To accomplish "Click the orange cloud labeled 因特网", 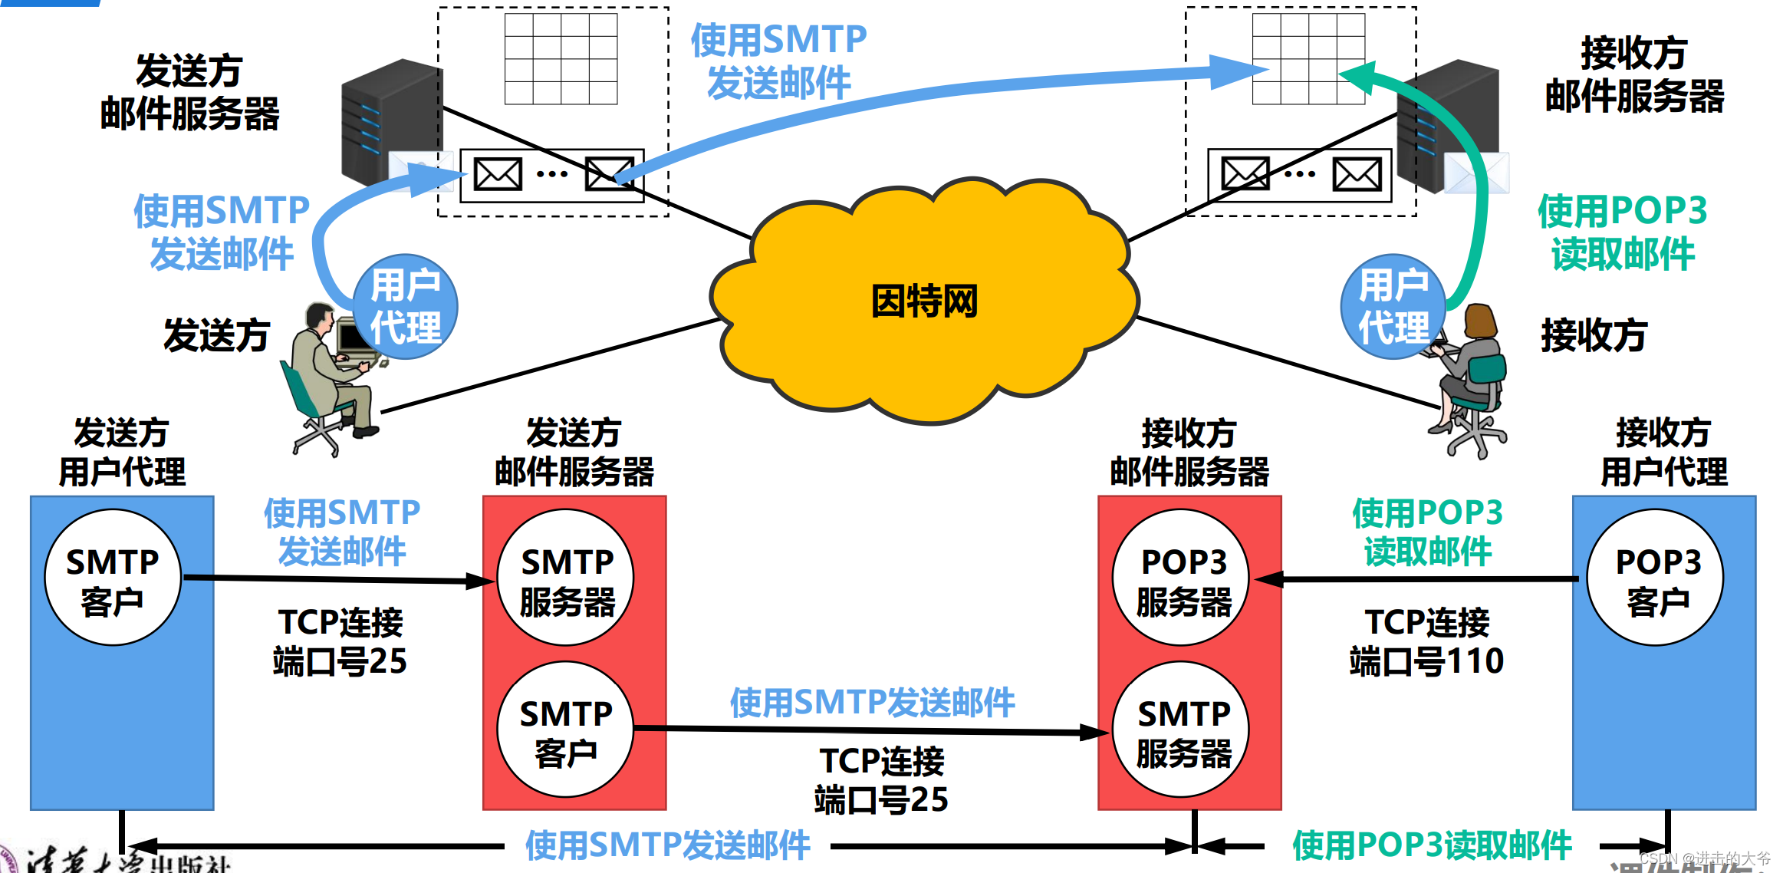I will coord(924,303).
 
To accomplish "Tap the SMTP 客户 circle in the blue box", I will coord(113,578).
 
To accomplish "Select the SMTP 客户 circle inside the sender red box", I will coord(566,730).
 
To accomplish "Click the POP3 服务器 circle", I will coord(1183,578).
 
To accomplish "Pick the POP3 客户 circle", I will coord(1656,578).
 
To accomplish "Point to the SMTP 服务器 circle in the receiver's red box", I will coord(1183,730).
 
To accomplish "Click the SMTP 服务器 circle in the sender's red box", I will coord(566,578).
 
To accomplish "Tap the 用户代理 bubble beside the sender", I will coord(406,307).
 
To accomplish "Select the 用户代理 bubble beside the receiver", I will coord(1393,307).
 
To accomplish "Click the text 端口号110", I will coord(1426,661).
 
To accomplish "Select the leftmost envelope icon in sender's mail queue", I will coord(498,174).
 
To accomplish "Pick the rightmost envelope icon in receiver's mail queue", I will coord(1357,174).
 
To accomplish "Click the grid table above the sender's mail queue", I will coord(561,58).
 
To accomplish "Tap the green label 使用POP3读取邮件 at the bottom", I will coord(1432,845).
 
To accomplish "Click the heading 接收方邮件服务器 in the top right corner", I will coord(1634,75).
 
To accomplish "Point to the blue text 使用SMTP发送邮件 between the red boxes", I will coord(872,703).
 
